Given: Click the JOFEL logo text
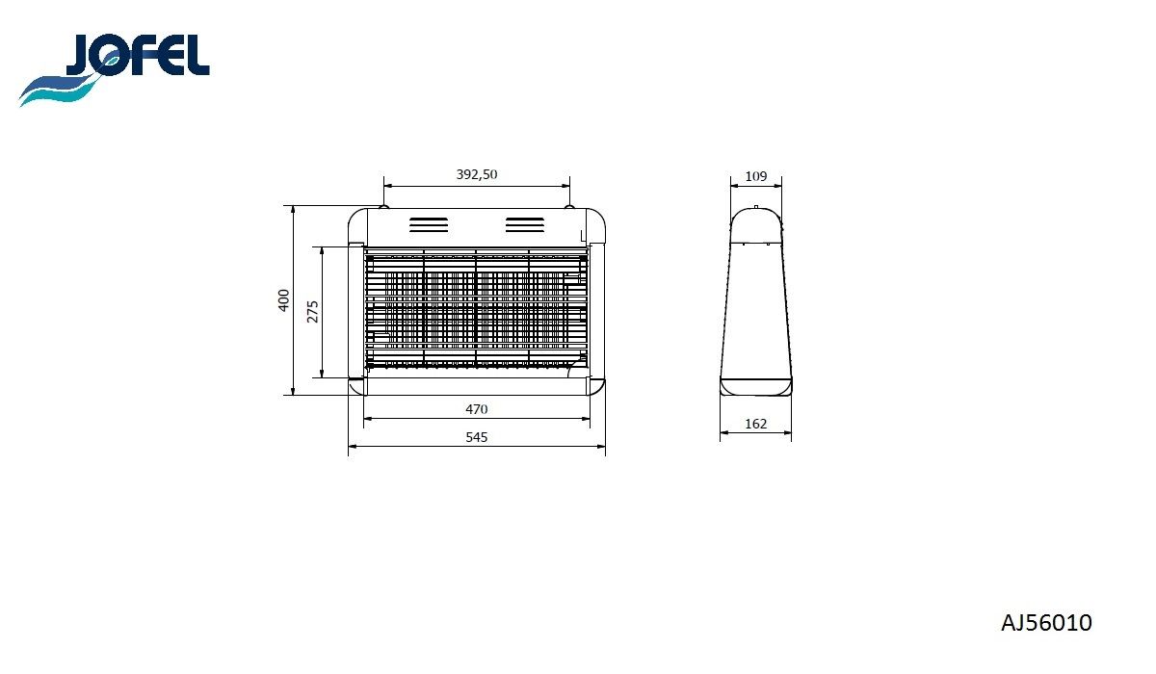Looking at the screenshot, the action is coord(138,55).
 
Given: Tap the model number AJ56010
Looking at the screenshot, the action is coord(1046,623).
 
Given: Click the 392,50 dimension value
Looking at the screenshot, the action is coord(476,174).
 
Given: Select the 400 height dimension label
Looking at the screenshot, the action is coord(284,300).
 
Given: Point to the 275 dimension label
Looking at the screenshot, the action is coord(313,311).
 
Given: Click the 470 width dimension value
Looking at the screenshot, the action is coord(476,409).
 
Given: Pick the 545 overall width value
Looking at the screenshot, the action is coord(476,437).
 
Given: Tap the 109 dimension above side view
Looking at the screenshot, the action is coord(756,176).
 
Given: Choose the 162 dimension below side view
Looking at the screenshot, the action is coord(755,424).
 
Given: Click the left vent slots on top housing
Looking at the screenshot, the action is coord(429,225).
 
